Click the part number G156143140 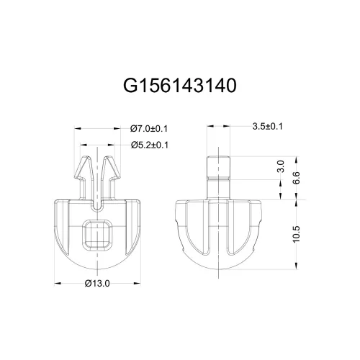[x=180, y=86]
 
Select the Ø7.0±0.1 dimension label [x=149, y=128]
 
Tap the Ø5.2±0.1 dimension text [x=149, y=145]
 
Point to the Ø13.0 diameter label [x=96, y=282]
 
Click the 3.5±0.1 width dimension [x=268, y=127]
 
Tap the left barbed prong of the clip [x=84, y=176]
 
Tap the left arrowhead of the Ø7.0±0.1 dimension [x=76, y=128]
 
